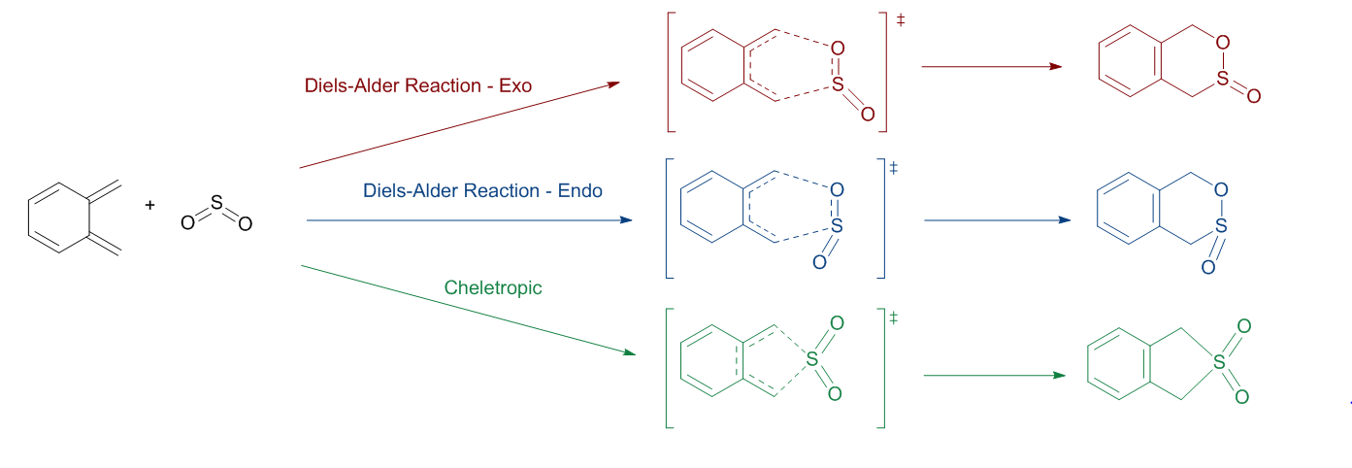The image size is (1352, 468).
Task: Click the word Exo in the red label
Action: coord(515,86)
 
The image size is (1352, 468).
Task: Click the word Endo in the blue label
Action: coord(580,190)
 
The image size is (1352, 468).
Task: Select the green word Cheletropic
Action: coord(493,287)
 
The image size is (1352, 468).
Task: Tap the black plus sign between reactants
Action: coord(149,205)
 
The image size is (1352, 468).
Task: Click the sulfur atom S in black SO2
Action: coord(215,204)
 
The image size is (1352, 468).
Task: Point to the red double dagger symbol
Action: coord(901,19)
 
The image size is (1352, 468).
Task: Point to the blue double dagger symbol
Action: coord(894,168)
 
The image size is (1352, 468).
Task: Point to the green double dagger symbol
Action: coord(894,318)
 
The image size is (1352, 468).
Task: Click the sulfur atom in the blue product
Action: coord(1222,225)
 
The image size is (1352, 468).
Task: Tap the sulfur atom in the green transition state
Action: coord(812,358)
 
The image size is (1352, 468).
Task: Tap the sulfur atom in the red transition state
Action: coord(839,86)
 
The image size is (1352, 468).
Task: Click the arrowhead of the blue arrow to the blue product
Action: coord(1064,220)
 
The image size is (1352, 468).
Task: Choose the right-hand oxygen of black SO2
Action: coord(246,224)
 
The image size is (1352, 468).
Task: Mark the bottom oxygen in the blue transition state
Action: coord(819,262)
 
